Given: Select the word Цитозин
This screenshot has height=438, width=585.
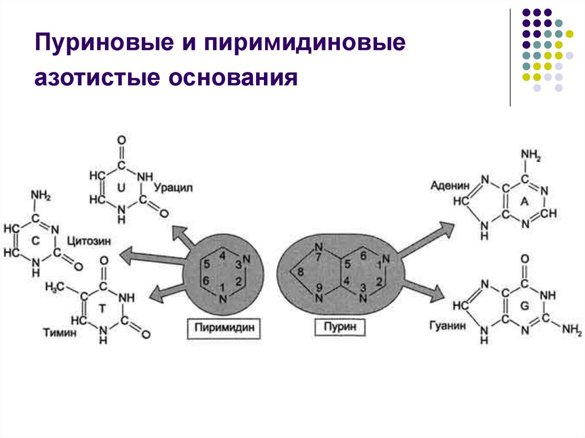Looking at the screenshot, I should (86, 241).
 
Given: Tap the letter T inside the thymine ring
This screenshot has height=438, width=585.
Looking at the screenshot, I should (103, 308).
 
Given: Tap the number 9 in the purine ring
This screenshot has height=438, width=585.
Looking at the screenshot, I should (319, 287).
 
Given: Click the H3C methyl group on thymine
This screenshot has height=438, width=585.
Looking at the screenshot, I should (55, 287).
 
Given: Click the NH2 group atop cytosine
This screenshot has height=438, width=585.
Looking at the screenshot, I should (41, 196).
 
